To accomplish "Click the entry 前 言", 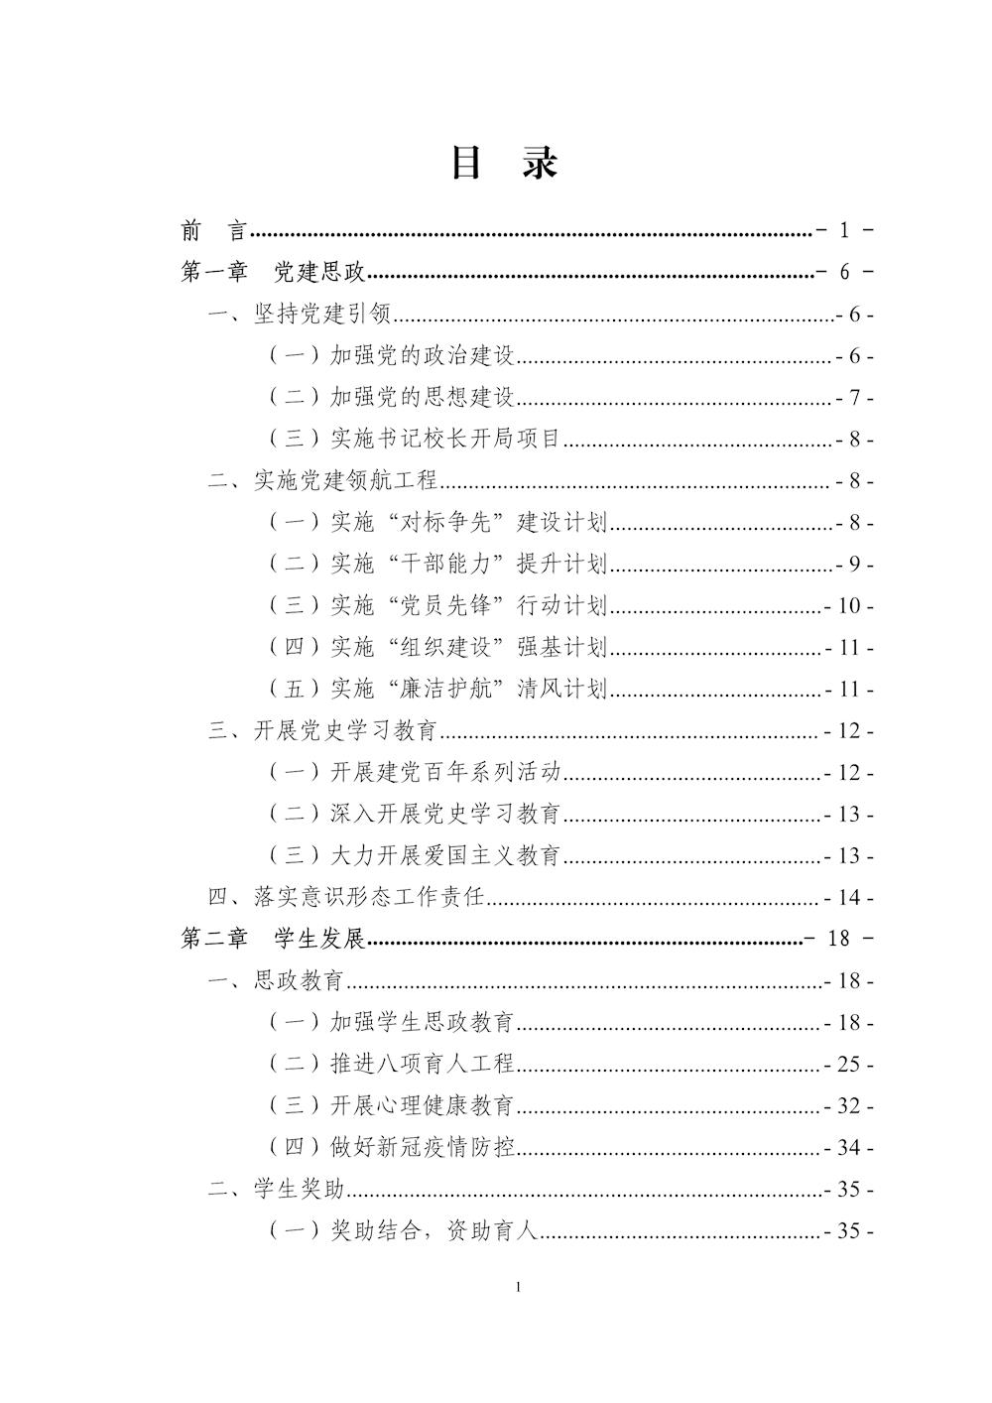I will point(213,231).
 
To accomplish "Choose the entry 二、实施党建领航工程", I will point(322,481).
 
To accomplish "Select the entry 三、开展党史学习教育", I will point(322,731).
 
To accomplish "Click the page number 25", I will point(848,1065).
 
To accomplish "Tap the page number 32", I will point(848,1106).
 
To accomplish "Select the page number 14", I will point(848,898).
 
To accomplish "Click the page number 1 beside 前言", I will point(844,231).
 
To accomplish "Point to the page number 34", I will point(848,1148).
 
